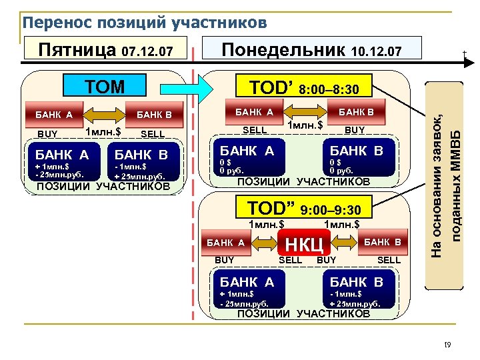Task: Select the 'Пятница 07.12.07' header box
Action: tap(106, 50)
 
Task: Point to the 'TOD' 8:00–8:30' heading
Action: tap(305, 87)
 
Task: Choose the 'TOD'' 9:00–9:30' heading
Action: tap(305, 209)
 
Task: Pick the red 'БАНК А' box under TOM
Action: tap(54, 114)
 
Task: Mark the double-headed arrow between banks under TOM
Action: tap(103, 114)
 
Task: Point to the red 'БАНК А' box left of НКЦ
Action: tap(229, 243)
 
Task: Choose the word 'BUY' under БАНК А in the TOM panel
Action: tap(48, 134)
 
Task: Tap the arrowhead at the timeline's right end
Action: tap(467, 62)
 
